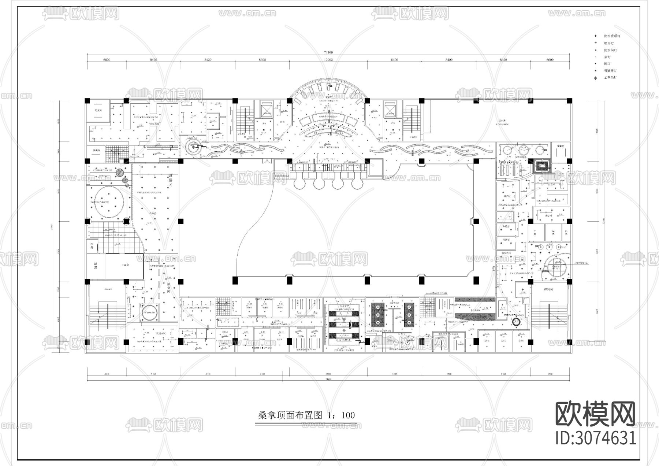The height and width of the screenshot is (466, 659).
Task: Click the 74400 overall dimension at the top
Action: tap(328, 52)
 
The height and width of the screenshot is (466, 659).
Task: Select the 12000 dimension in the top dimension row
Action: tap(328, 59)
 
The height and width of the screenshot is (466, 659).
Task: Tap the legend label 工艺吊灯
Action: tap(610, 78)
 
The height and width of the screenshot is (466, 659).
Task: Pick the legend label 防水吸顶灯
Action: tap(612, 36)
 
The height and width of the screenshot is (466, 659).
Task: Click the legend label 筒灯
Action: tap(607, 64)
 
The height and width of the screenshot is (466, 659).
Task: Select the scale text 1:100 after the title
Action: tap(342, 415)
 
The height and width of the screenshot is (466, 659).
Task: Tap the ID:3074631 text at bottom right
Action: tap(596, 439)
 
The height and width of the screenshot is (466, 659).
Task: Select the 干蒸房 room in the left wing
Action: tap(125, 265)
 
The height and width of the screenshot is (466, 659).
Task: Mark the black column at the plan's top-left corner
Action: tap(87, 100)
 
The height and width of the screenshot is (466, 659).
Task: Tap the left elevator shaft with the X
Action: tap(266, 109)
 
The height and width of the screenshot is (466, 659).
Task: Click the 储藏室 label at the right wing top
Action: tap(559, 146)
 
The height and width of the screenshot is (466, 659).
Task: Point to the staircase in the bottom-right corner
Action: tap(548, 317)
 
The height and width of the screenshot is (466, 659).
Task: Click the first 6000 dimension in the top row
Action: tap(107, 59)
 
